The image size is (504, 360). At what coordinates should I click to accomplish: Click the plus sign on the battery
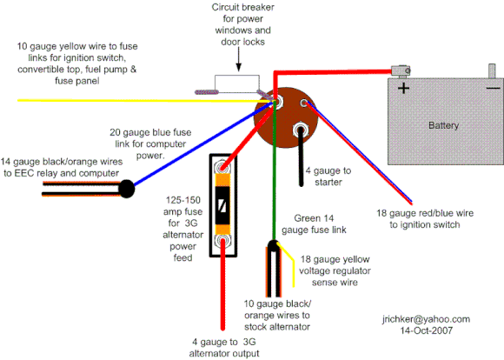pyautogui.click(x=403, y=88)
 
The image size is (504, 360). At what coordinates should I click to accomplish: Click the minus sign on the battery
pyautogui.click(x=493, y=88)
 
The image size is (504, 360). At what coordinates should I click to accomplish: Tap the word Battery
pyautogui.click(x=444, y=126)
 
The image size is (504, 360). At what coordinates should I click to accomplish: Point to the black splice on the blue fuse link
pyautogui.click(x=126, y=186)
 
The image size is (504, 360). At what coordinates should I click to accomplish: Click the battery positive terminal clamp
pyautogui.click(x=401, y=69)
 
